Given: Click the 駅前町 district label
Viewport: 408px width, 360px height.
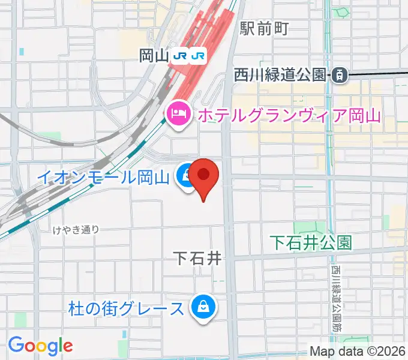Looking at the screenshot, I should (265, 28).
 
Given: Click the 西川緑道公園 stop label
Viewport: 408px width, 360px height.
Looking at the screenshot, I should (280, 75).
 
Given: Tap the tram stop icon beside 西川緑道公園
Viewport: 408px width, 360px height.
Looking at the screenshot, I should (339, 75).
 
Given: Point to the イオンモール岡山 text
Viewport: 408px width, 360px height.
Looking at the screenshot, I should (103, 177).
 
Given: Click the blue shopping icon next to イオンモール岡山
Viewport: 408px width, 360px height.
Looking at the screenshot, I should (185, 176).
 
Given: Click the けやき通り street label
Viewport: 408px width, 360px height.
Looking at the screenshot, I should (75, 229).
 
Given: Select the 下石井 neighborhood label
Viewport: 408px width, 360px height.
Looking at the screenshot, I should (197, 259).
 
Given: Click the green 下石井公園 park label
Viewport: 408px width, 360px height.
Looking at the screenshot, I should (310, 242).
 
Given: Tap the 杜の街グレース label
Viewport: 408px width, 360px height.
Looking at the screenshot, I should (126, 309).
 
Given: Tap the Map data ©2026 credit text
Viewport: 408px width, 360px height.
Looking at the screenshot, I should (358, 352).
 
